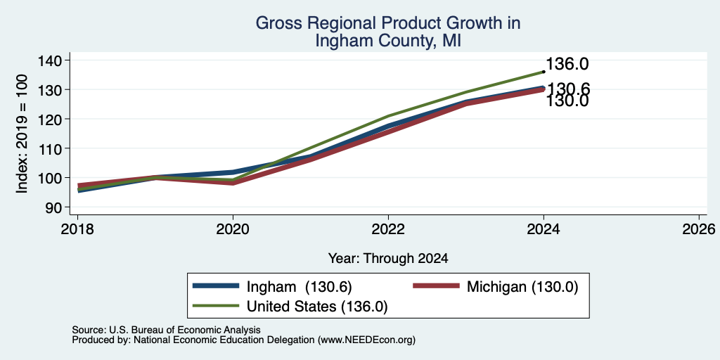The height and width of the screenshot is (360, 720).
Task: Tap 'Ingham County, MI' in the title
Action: point(388,41)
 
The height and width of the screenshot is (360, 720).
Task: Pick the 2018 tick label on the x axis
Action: point(77,229)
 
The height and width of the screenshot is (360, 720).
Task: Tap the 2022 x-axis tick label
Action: point(388,229)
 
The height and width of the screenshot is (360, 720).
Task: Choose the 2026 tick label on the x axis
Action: point(700,229)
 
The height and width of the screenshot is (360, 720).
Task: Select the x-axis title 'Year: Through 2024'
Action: point(388,259)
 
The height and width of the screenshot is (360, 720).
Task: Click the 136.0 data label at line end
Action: point(567,64)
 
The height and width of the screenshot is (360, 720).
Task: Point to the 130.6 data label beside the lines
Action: point(568,88)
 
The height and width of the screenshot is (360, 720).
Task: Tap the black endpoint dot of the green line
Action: point(544,72)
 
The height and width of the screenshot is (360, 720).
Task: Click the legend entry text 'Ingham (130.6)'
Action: point(300,287)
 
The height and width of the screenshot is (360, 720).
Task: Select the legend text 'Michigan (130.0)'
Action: point(522,287)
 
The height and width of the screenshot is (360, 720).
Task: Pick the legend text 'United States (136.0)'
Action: point(317,307)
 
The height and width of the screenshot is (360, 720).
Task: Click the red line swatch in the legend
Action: point(436,286)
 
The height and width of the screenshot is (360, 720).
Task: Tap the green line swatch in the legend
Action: point(217,306)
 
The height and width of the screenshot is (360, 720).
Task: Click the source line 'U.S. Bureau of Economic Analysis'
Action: point(185,330)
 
